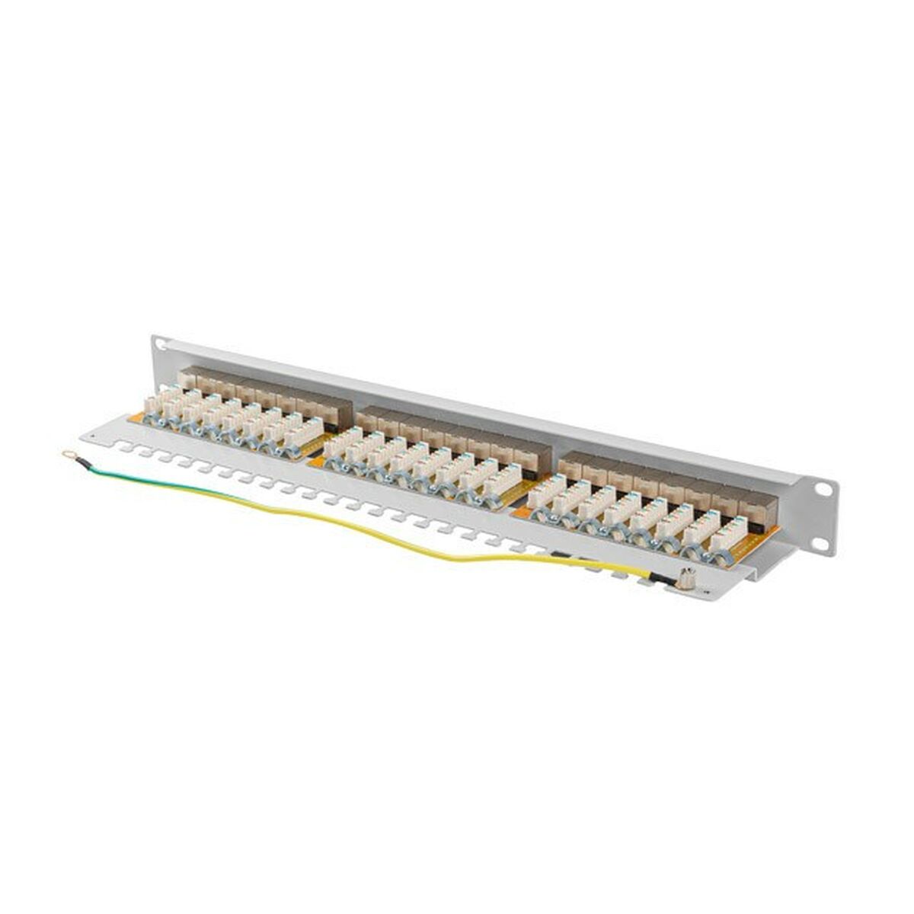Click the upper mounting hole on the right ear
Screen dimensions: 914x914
(x=823, y=489)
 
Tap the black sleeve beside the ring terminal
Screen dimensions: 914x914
(x=83, y=462)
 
